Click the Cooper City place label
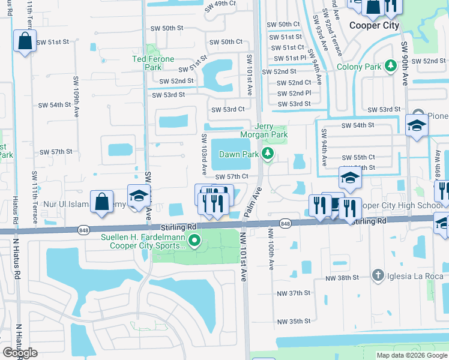click(373, 26)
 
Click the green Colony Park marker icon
click(390, 66)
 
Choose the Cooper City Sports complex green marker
click(194, 241)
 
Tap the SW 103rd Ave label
click(203, 154)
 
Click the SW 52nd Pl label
click(294, 93)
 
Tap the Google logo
click(20, 353)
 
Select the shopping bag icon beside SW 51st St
click(25, 41)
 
